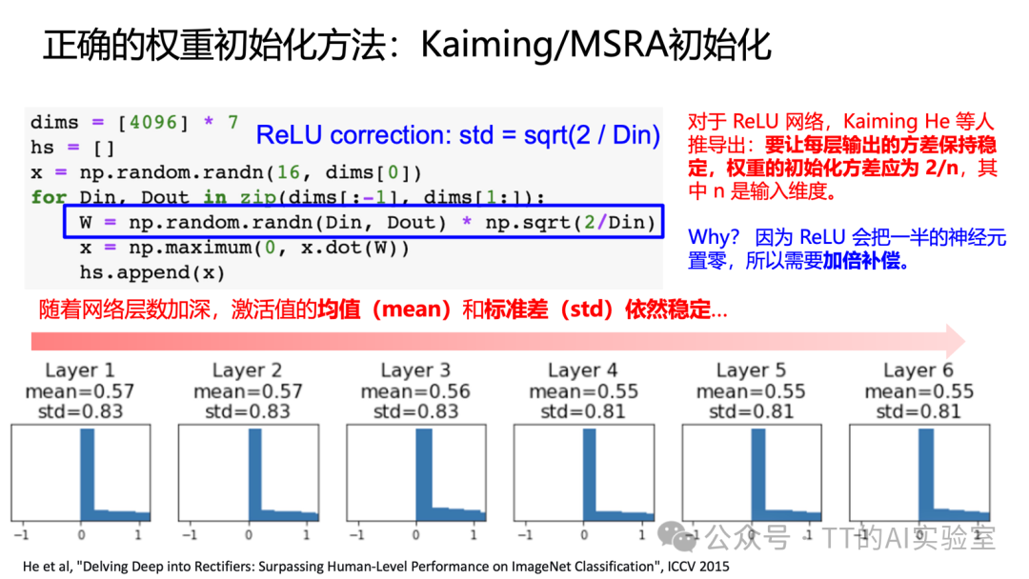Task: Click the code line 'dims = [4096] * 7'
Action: (x=134, y=122)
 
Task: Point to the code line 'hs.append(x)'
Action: (x=151, y=272)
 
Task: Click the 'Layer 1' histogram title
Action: (x=80, y=370)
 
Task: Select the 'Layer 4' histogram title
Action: (x=583, y=370)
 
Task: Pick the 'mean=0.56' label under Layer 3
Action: (x=415, y=391)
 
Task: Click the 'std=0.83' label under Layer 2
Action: (x=248, y=411)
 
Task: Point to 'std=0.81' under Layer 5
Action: (x=751, y=411)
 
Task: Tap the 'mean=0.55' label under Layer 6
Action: (x=918, y=391)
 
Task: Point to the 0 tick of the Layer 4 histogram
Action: (x=582, y=534)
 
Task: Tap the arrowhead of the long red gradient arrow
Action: (x=955, y=340)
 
